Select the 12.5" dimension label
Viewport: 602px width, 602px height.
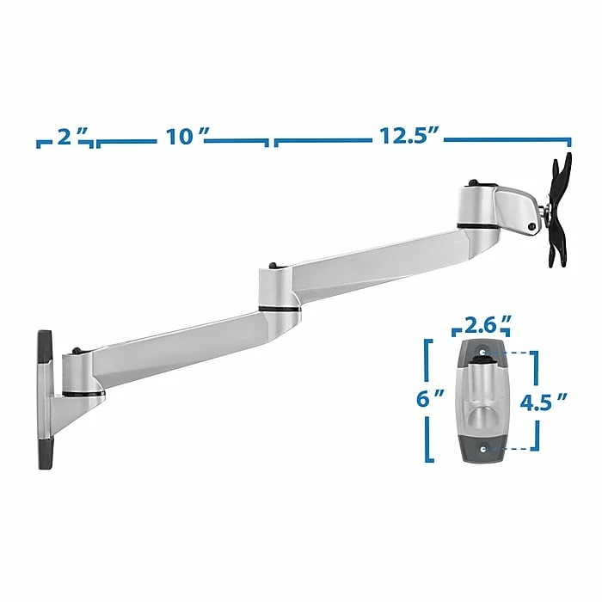point(409,136)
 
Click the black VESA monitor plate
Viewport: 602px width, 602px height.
point(559,211)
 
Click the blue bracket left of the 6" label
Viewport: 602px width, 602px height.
point(427,401)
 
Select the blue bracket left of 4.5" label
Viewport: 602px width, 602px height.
point(537,400)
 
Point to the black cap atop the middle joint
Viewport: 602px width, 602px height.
point(273,266)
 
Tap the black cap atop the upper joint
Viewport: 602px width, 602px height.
point(473,183)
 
